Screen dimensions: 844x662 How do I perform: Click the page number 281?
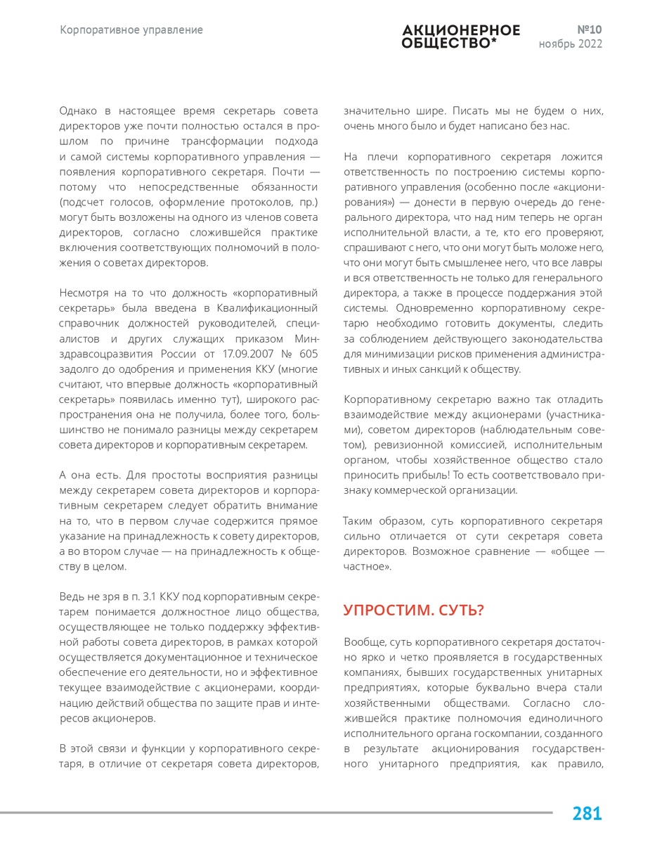point(587,814)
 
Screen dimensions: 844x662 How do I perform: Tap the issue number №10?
point(589,30)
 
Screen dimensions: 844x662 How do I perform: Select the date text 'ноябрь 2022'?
point(570,44)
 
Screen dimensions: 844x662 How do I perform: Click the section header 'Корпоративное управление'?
point(131,30)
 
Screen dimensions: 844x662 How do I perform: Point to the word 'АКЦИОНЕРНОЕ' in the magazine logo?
point(461,30)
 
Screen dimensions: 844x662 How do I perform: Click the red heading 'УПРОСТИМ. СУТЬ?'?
point(414,610)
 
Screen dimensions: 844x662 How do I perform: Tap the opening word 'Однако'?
point(79,111)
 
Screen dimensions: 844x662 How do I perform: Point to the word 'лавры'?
point(586,262)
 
